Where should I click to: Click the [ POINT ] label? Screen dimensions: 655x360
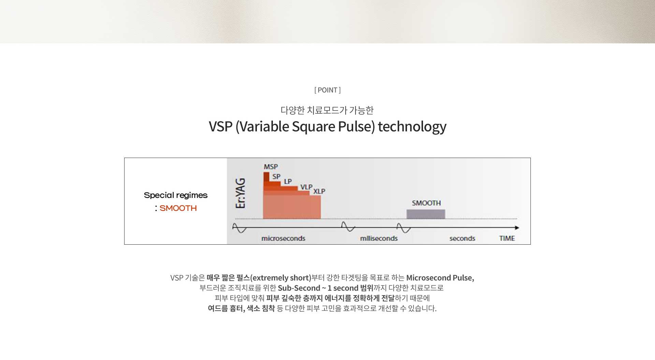click(327, 90)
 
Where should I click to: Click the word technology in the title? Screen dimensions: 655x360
click(412, 127)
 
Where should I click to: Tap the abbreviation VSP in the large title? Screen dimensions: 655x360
click(221, 127)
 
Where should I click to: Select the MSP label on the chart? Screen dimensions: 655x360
click(271, 167)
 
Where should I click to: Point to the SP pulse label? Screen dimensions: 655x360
click(276, 176)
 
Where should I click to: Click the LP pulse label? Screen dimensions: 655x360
click(288, 182)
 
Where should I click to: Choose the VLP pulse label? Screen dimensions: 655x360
click(306, 187)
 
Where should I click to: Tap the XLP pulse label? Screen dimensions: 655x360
click(319, 191)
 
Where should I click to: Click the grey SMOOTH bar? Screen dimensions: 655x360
click(426, 214)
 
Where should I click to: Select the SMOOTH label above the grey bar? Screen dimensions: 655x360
click(426, 203)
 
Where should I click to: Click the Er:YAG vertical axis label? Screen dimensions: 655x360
click(241, 193)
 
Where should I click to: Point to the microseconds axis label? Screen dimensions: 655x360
click(283, 238)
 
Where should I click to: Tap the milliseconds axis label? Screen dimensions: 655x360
click(379, 238)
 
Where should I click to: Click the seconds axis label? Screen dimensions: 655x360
click(462, 238)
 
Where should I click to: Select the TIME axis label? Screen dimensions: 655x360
click(507, 238)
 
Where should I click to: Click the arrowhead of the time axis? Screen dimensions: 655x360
click(517, 228)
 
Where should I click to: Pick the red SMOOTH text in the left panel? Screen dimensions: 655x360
click(178, 208)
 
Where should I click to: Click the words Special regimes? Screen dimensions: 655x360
click(176, 195)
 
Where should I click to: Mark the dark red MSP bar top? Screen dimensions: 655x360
click(266, 173)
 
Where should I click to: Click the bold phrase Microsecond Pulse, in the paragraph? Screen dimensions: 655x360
click(440, 278)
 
